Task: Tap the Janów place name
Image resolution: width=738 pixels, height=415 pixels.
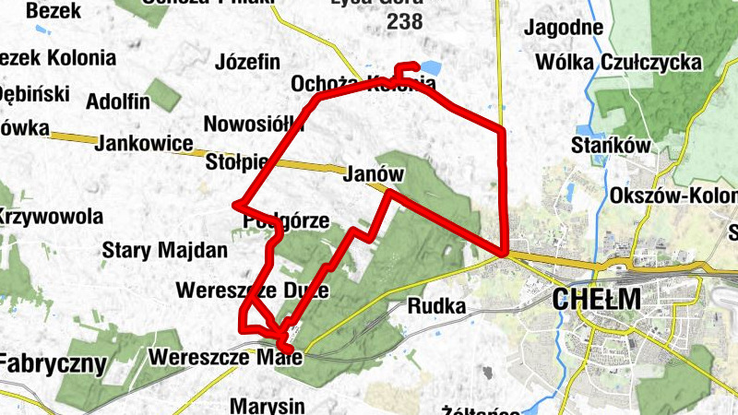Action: [375, 173]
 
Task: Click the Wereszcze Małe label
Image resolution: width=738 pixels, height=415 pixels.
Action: [218, 356]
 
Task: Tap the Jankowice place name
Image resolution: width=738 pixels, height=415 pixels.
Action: [143, 143]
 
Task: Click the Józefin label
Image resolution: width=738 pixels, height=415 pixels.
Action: [246, 63]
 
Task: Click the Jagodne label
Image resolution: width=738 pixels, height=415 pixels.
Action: [563, 28]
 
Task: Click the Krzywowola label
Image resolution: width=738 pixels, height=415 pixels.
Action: [50, 217]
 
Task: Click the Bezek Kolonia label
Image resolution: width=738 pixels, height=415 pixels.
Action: [57, 57]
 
